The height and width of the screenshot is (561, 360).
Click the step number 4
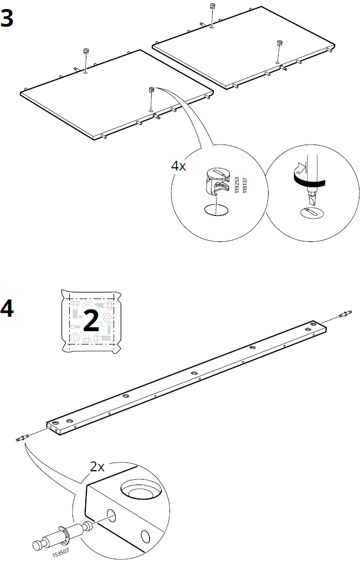(8, 309)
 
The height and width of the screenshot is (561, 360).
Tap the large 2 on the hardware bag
(90, 321)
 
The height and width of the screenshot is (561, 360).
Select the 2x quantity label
(97, 466)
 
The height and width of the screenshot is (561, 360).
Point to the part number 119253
(236, 182)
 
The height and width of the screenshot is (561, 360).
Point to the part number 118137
(244, 182)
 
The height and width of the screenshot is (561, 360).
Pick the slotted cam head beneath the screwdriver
(310, 212)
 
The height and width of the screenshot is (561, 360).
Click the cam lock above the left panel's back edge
(86, 51)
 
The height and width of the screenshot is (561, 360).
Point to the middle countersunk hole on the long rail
(194, 373)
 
